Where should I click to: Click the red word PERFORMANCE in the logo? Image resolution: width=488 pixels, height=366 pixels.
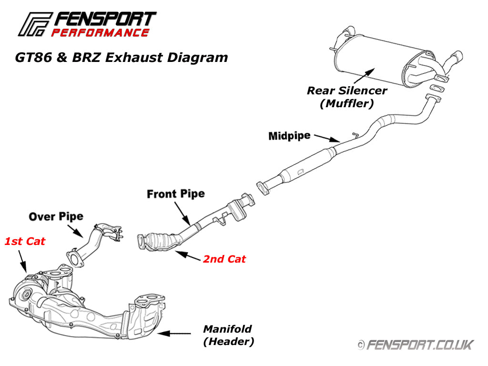point(100,33)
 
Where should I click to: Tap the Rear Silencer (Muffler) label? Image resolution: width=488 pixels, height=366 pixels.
point(346,97)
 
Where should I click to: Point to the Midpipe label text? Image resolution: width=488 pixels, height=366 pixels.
point(289,136)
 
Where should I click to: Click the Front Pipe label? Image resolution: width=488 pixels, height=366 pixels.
point(176,194)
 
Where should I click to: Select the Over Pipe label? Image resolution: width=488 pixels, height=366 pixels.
point(56,217)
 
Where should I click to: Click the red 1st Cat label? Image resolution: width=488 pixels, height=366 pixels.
point(25,242)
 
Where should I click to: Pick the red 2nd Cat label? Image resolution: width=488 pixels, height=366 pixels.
point(224,259)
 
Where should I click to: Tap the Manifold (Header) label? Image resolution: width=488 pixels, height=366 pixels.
point(228,335)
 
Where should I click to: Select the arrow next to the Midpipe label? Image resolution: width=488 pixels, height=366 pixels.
point(328,139)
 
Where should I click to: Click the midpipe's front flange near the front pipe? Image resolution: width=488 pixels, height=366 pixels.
point(262,187)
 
